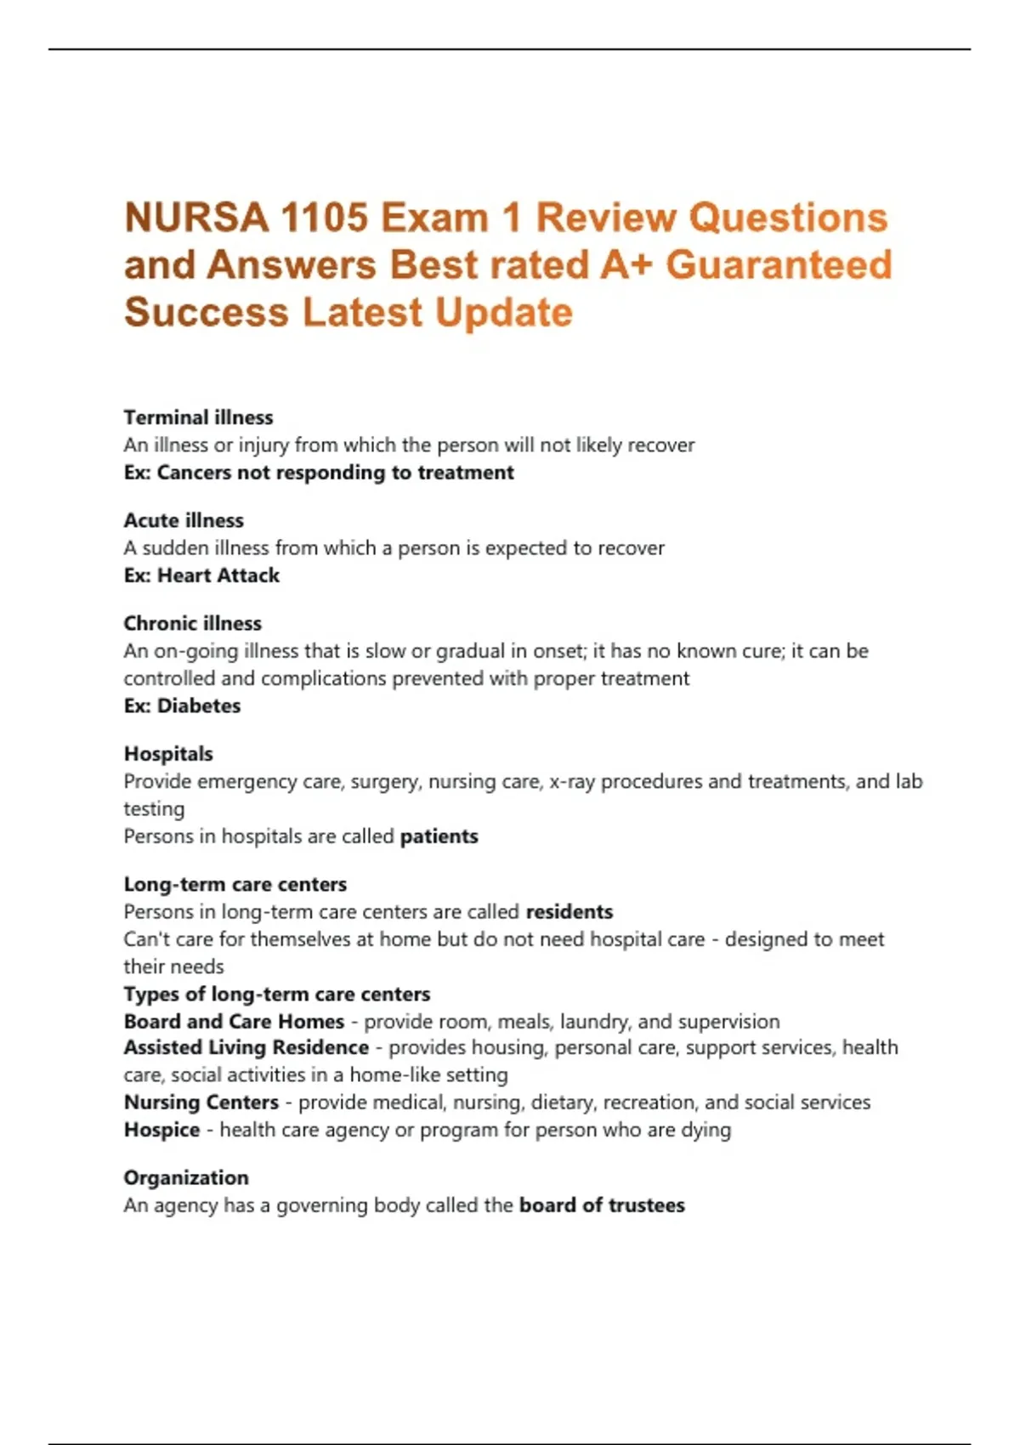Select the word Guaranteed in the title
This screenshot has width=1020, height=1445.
pyautogui.click(x=779, y=265)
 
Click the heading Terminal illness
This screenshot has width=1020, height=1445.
pyautogui.click(x=198, y=417)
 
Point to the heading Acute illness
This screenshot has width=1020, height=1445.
pyautogui.click(x=184, y=520)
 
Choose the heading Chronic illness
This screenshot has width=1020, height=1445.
pyautogui.click(x=192, y=623)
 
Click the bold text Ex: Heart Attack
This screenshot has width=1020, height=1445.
pyautogui.click(x=201, y=575)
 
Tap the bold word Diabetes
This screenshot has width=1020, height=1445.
pyautogui.click(x=199, y=705)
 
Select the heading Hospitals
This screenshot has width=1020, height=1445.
pyautogui.click(x=168, y=754)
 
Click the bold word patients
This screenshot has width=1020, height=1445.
pyautogui.click(x=439, y=836)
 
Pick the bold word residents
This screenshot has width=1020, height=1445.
pyautogui.click(x=569, y=912)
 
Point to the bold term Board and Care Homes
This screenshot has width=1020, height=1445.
pyautogui.click(x=234, y=1021)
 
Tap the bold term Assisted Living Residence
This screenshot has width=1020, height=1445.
pyautogui.click(x=246, y=1047)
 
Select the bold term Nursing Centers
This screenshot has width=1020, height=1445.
pyautogui.click(x=201, y=1102)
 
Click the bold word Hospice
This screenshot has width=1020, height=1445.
pyautogui.click(x=161, y=1130)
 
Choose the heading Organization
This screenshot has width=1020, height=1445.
pyautogui.click(x=186, y=1178)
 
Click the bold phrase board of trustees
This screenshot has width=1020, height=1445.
pyautogui.click(x=602, y=1205)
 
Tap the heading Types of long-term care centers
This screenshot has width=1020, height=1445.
pyautogui.click(x=277, y=994)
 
